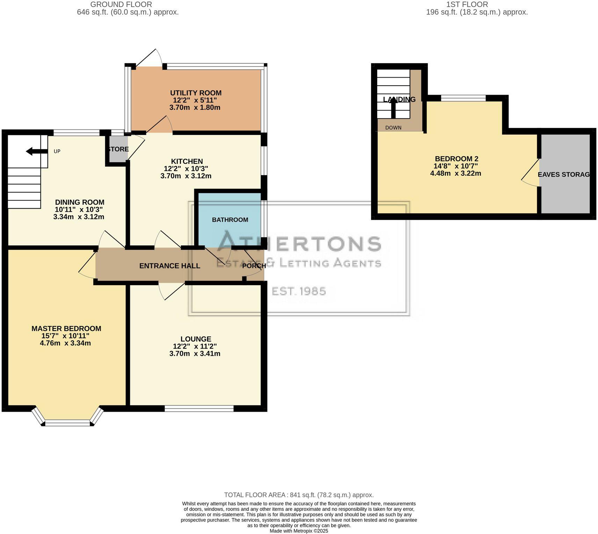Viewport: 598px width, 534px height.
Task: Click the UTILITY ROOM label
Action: click(x=196, y=93)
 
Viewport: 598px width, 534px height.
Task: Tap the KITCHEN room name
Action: click(x=187, y=161)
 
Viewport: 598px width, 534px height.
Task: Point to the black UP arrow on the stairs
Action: click(x=34, y=151)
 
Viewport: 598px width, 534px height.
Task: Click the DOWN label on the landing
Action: click(x=393, y=128)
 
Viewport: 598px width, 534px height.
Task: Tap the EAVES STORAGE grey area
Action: click(x=565, y=174)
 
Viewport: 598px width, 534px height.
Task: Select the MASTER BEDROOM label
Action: click(x=66, y=329)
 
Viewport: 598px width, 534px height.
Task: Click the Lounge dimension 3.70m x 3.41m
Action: click(x=195, y=353)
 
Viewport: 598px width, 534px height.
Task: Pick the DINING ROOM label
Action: click(x=80, y=202)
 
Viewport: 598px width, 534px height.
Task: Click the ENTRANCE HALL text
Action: click(x=170, y=266)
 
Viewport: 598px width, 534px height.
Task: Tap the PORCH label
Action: click(x=254, y=266)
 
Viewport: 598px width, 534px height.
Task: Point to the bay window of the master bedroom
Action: click(x=68, y=423)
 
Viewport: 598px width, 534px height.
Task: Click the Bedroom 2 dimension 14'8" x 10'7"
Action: click(x=456, y=166)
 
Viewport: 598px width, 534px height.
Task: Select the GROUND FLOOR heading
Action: click(x=121, y=5)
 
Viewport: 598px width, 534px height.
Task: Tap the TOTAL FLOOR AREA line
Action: click(x=299, y=495)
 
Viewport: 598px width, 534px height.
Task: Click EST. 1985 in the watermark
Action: click(x=299, y=291)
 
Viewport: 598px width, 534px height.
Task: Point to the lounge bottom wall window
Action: click(x=199, y=408)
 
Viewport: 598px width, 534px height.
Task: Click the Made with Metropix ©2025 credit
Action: click(x=299, y=531)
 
